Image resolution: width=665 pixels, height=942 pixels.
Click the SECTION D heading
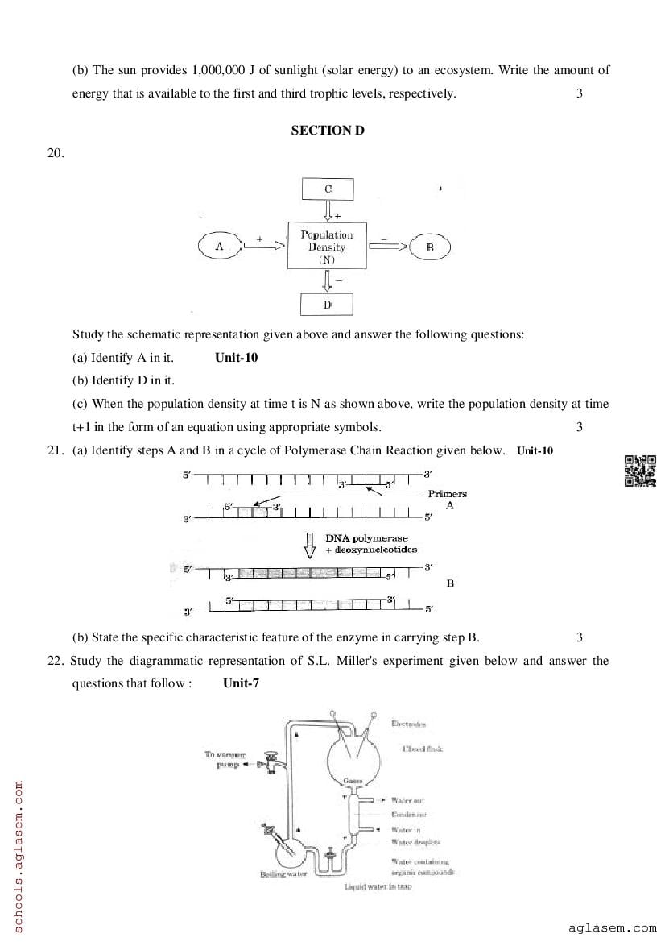pos(328,130)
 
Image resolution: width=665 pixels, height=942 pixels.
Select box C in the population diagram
pos(328,189)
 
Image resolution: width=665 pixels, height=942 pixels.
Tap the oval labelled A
pos(219,246)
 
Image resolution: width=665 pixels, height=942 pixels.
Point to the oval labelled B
pos(429,247)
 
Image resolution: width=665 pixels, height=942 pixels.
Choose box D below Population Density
pos(328,305)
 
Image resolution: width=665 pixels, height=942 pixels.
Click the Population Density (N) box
pos(327,247)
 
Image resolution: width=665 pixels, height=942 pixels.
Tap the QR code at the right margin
pos(641,471)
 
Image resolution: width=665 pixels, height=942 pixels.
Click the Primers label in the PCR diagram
pos(447,493)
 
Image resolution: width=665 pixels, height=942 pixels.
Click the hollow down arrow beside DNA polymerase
pos(309,545)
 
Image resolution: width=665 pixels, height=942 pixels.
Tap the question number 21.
pos(55,450)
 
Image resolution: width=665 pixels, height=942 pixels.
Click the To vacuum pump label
pos(225,759)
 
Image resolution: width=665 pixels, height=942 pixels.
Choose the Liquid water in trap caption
pos(378,886)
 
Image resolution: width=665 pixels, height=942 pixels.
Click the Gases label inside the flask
pos(352,781)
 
